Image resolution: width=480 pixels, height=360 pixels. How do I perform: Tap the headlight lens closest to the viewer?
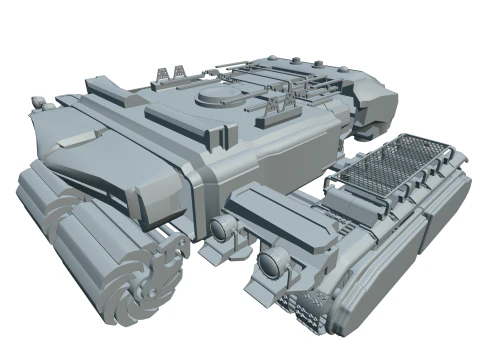269,265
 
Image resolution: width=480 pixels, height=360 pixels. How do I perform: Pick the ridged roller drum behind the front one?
45,200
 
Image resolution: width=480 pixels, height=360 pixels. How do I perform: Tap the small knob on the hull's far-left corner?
38,102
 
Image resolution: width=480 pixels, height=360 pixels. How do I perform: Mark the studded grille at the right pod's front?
305,309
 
